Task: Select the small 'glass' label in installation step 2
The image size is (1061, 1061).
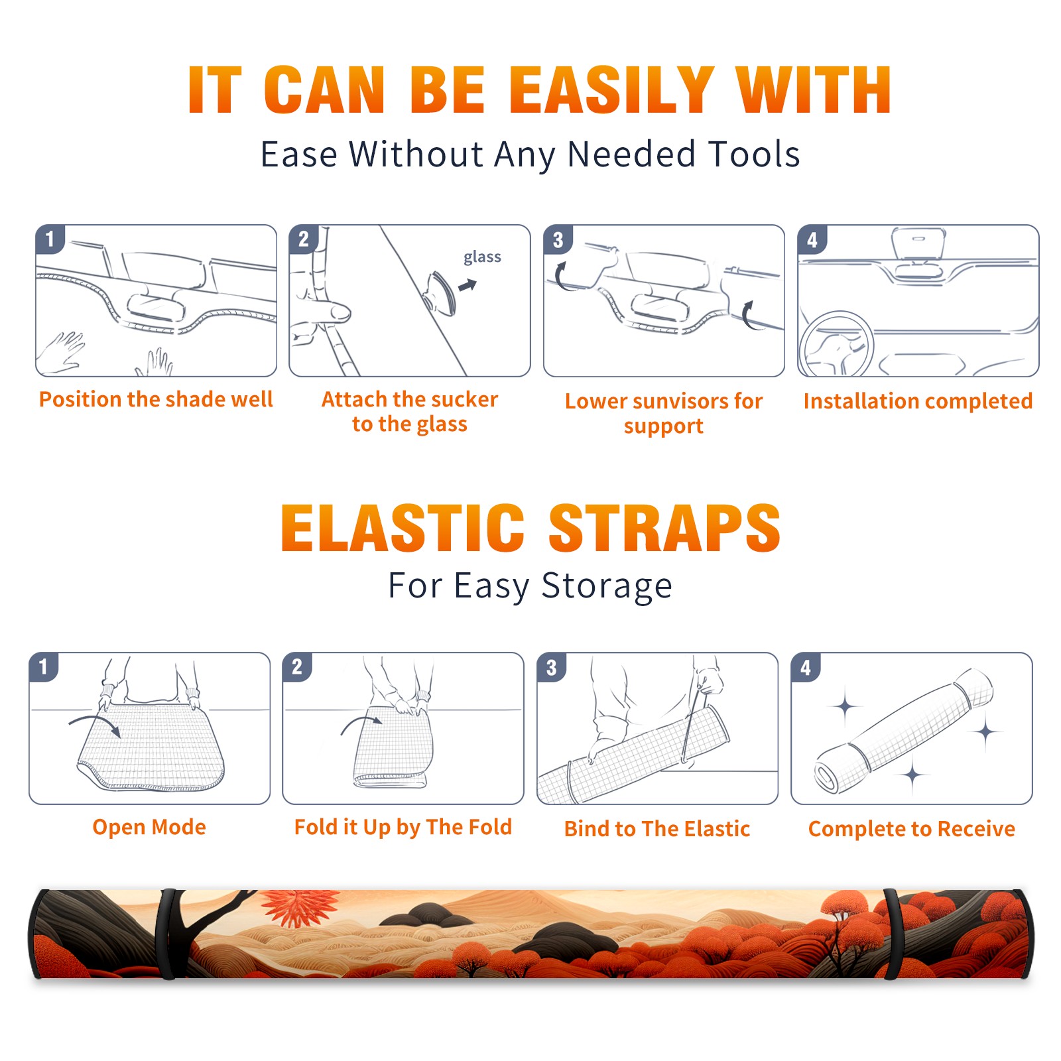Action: tap(482, 257)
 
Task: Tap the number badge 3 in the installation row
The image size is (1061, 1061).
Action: tap(558, 239)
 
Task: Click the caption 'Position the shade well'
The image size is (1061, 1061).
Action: tap(156, 399)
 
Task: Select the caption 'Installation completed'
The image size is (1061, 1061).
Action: tap(918, 401)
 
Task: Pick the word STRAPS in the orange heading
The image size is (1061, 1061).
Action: tap(664, 528)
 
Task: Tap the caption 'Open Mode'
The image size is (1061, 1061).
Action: tap(149, 827)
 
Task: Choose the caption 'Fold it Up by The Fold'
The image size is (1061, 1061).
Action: tap(403, 828)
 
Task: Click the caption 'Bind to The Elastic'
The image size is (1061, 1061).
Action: tap(657, 829)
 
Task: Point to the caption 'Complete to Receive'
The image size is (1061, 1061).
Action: tap(912, 829)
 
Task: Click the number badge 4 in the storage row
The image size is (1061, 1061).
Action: tap(806, 667)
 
